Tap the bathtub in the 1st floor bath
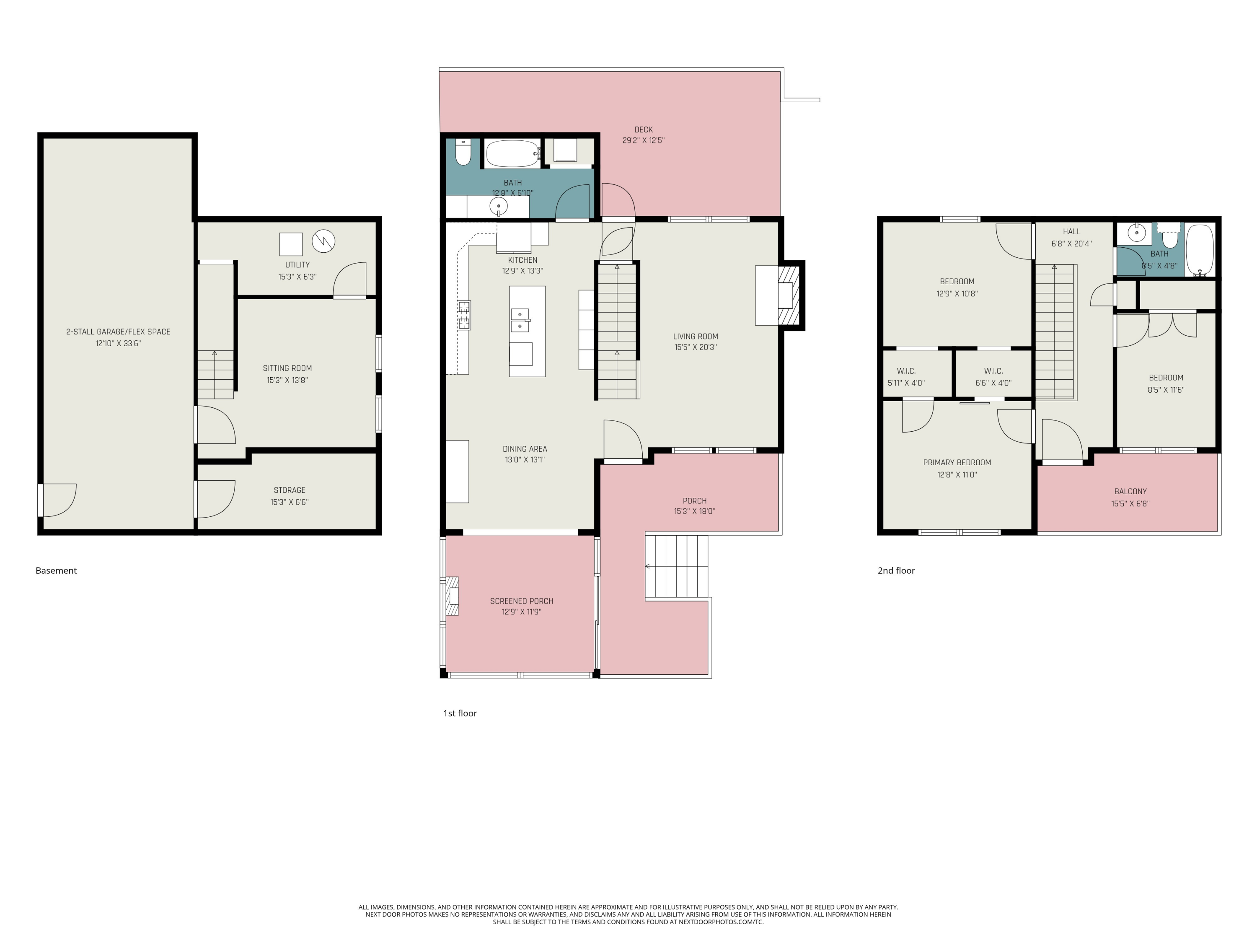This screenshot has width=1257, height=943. pyautogui.click(x=512, y=153)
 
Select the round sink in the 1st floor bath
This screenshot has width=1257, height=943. pyautogui.click(x=498, y=206)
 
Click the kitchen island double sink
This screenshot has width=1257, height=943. pyautogui.click(x=520, y=320)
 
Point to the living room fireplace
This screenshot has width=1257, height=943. pyautogui.click(x=788, y=295)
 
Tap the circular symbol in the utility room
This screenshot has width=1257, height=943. pyautogui.click(x=323, y=241)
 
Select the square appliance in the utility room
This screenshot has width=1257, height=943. pyautogui.click(x=291, y=244)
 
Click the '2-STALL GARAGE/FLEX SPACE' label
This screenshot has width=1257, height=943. pyautogui.click(x=118, y=332)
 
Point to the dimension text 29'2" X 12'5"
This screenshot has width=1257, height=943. pyautogui.click(x=643, y=140)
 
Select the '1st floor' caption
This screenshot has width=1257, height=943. pyautogui.click(x=460, y=713)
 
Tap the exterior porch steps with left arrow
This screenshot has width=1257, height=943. pyautogui.click(x=676, y=566)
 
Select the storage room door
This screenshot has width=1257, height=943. pyautogui.click(x=215, y=498)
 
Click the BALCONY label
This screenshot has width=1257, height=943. pyautogui.click(x=1130, y=491)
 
